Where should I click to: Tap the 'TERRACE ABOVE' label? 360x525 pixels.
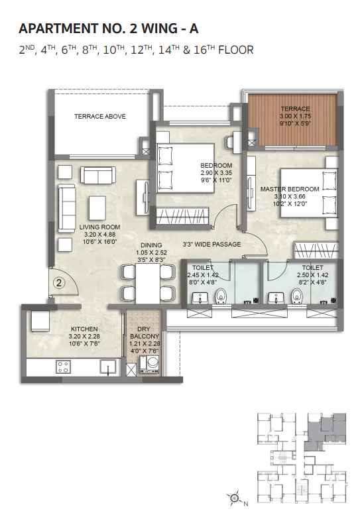pos(99,117)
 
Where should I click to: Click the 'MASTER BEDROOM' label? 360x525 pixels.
pos(290,189)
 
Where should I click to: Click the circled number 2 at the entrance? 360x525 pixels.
pos(58,283)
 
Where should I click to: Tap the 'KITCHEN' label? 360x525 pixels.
pos(84,329)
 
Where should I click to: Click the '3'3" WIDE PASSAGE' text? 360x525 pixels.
pos(211,244)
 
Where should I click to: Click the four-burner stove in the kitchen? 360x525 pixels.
pos(64,367)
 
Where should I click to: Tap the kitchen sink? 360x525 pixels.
pos(107,367)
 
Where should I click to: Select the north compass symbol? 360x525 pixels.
pos(235,496)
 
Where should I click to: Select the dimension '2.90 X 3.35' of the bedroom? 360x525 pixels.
pos(216,172)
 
